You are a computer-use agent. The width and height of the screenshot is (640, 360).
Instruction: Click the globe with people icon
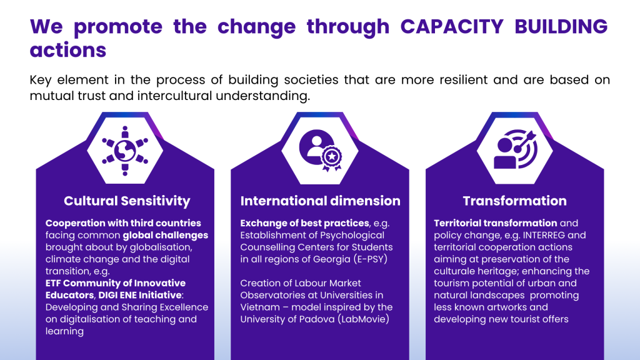tap(125, 151)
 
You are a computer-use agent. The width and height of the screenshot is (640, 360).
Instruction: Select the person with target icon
tap(516, 149)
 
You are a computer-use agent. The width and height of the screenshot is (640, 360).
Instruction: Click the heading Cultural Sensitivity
tap(127, 201)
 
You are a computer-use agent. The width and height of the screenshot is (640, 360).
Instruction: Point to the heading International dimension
tap(321, 201)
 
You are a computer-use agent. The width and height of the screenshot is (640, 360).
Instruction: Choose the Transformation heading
tap(515, 201)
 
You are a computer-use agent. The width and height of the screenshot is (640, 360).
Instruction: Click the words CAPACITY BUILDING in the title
tap(504, 26)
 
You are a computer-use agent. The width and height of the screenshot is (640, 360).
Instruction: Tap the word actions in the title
tap(67, 50)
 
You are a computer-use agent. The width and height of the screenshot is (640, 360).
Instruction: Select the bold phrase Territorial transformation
tap(496, 223)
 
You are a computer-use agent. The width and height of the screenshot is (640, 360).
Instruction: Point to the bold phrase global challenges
tap(165, 236)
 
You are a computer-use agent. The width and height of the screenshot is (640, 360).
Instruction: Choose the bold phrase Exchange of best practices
tap(304, 223)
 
